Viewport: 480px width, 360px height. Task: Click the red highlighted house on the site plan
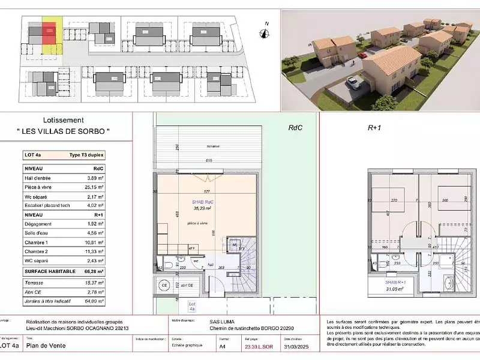49,32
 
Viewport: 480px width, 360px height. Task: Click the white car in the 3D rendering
354,83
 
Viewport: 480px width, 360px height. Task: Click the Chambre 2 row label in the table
38,252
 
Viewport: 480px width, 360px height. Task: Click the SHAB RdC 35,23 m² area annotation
203,205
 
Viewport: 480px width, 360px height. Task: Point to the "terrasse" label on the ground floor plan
212,147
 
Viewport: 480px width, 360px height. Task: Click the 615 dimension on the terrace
209,161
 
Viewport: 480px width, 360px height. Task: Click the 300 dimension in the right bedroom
445,200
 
